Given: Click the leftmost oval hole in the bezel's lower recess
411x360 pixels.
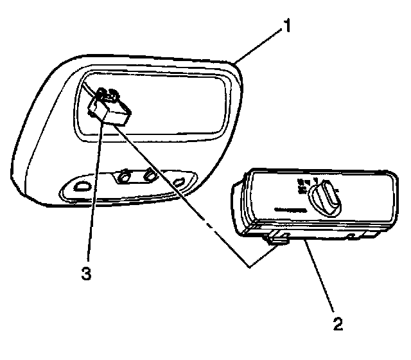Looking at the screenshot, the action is (x=82, y=186).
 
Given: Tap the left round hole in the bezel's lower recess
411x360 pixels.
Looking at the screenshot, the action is (x=125, y=175).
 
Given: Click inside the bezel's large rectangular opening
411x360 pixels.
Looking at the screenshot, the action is (x=167, y=103).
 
